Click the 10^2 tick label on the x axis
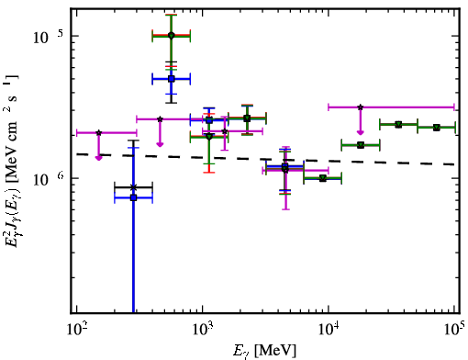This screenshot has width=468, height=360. coord(78,331)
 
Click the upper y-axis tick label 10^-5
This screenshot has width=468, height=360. coord(48,38)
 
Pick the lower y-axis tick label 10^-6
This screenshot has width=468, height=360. coord(49,179)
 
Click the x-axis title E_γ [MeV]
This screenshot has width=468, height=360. coord(264,351)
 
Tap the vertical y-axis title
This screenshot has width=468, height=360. coord(12,160)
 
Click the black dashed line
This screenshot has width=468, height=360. coord(265,159)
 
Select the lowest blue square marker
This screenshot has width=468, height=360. coord(133,197)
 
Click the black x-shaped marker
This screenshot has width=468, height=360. coord(133,187)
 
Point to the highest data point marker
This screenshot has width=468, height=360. coord(172,36)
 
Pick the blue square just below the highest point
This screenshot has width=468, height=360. coord(172,79)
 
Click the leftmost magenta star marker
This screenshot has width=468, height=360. coord(98,132)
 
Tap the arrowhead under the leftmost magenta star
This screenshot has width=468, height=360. coord(98,158)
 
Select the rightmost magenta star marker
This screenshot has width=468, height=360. coord(361,107)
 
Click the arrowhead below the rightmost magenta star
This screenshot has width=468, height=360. coord(361,132)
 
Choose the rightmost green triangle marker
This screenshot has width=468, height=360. coord(437,128)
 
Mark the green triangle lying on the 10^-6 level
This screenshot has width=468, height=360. coord(322,178)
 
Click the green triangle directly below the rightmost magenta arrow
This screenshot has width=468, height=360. coord(361,145)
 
